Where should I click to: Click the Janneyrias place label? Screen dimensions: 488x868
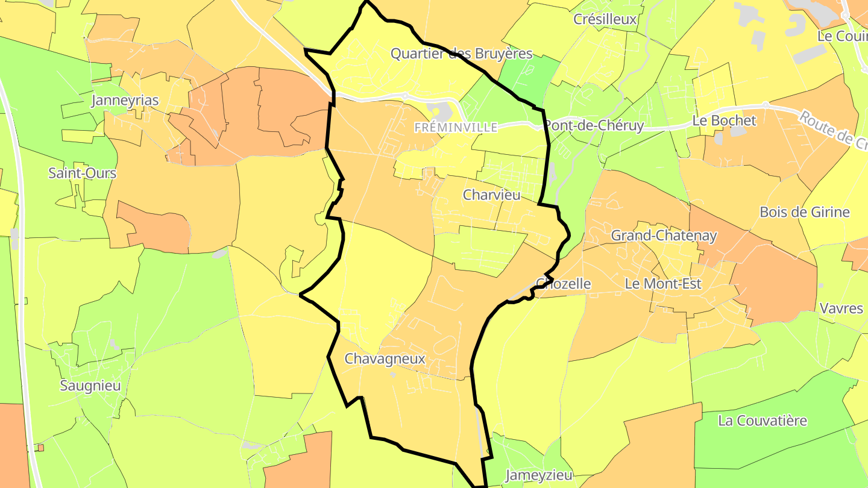(125, 101)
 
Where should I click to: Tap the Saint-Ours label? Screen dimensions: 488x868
(82, 174)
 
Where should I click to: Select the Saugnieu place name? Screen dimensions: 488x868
(90, 386)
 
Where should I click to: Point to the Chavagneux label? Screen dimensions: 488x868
(385, 359)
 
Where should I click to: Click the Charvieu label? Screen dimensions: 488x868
(491, 195)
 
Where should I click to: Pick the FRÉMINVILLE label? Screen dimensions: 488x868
(456, 128)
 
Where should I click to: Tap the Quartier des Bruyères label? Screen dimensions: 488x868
(461, 54)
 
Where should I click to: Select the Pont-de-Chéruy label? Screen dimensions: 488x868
(594, 125)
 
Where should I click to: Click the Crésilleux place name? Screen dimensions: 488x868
(605, 19)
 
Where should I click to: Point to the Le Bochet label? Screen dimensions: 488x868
(724, 120)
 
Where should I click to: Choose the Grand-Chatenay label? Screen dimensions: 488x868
(664, 236)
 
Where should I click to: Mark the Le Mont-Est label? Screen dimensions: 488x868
(663, 284)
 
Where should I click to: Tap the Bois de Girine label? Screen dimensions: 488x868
(804, 212)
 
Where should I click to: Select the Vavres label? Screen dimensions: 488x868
(841, 308)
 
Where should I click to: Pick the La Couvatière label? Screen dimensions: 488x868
(762, 421)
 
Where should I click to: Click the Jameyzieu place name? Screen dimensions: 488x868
(538, 475)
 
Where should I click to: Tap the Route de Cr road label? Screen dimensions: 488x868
(834, 130)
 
